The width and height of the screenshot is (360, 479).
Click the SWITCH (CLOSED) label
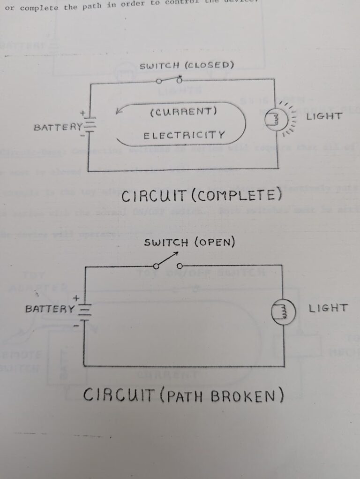(187, 66)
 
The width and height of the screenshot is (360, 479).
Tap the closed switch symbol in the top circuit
(169, 80)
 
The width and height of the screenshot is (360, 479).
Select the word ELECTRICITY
(184, 136)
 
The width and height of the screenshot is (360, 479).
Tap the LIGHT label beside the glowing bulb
(324, 116)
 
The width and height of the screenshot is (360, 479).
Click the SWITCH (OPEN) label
(189, 243)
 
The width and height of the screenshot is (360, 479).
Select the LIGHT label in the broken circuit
(328, 308)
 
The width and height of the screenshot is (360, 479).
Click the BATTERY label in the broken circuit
(50, 309)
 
